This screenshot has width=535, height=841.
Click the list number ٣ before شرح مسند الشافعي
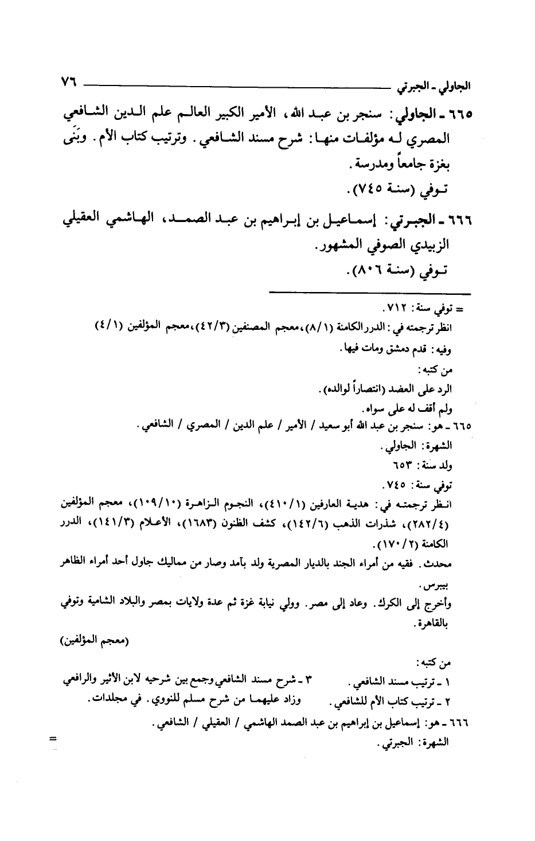(x=310, y=681)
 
